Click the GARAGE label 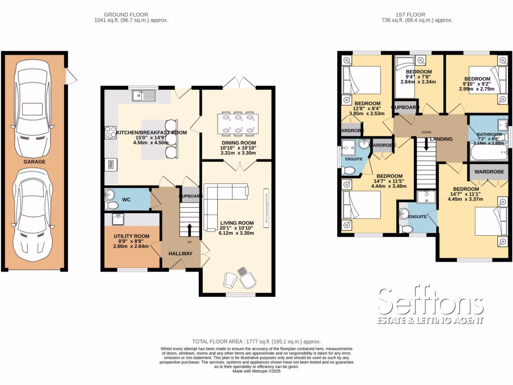34,162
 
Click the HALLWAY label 180,254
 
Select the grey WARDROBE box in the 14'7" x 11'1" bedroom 488,171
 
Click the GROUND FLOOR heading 131,14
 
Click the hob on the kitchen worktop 110,133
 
